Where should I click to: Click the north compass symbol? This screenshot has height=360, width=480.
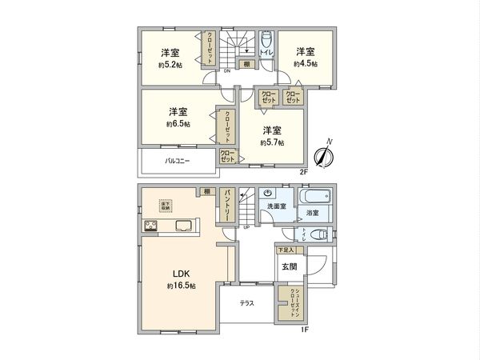click(325, 154)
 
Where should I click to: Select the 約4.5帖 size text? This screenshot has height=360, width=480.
click(306, 63)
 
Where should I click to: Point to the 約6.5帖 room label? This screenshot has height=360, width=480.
click(178, 124)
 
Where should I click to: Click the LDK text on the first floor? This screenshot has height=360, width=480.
click(177, 273)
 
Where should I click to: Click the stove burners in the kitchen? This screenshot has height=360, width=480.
click(150, 226)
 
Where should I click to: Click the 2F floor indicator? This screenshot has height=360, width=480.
click(304, 171)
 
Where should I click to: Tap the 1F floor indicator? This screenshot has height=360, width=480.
click(304, 329)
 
